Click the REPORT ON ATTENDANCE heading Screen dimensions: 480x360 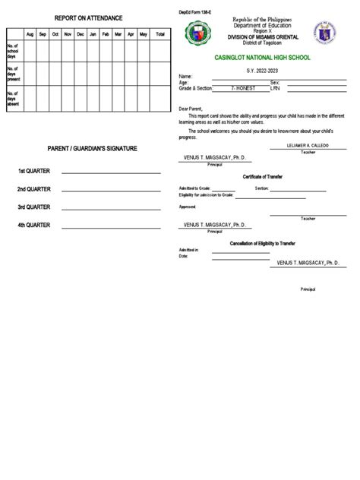pyautogui.click(x=88, y=17)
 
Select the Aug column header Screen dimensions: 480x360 pyautogui.click(x=30, y=34)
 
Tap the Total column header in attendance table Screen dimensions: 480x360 pyautogui.click(x=160, y=34)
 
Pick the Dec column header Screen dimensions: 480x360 pyautogui.click(x=81, y=34)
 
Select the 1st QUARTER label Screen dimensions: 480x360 pyautogui.click(x=34, y=172)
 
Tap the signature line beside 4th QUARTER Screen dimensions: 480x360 pyautogui.click(x=111, y=226)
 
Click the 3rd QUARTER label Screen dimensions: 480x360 pyautogui.click(x=34, y=207)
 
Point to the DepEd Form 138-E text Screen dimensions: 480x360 pyautogui.click(x=194, y=8)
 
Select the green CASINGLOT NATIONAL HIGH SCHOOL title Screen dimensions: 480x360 pyautogui.click(x=263, y=58)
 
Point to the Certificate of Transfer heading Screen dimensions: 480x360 pyautogui.click(x=263, y=176)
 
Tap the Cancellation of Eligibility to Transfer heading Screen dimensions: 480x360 pyautogui.click(x=263, y=243)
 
